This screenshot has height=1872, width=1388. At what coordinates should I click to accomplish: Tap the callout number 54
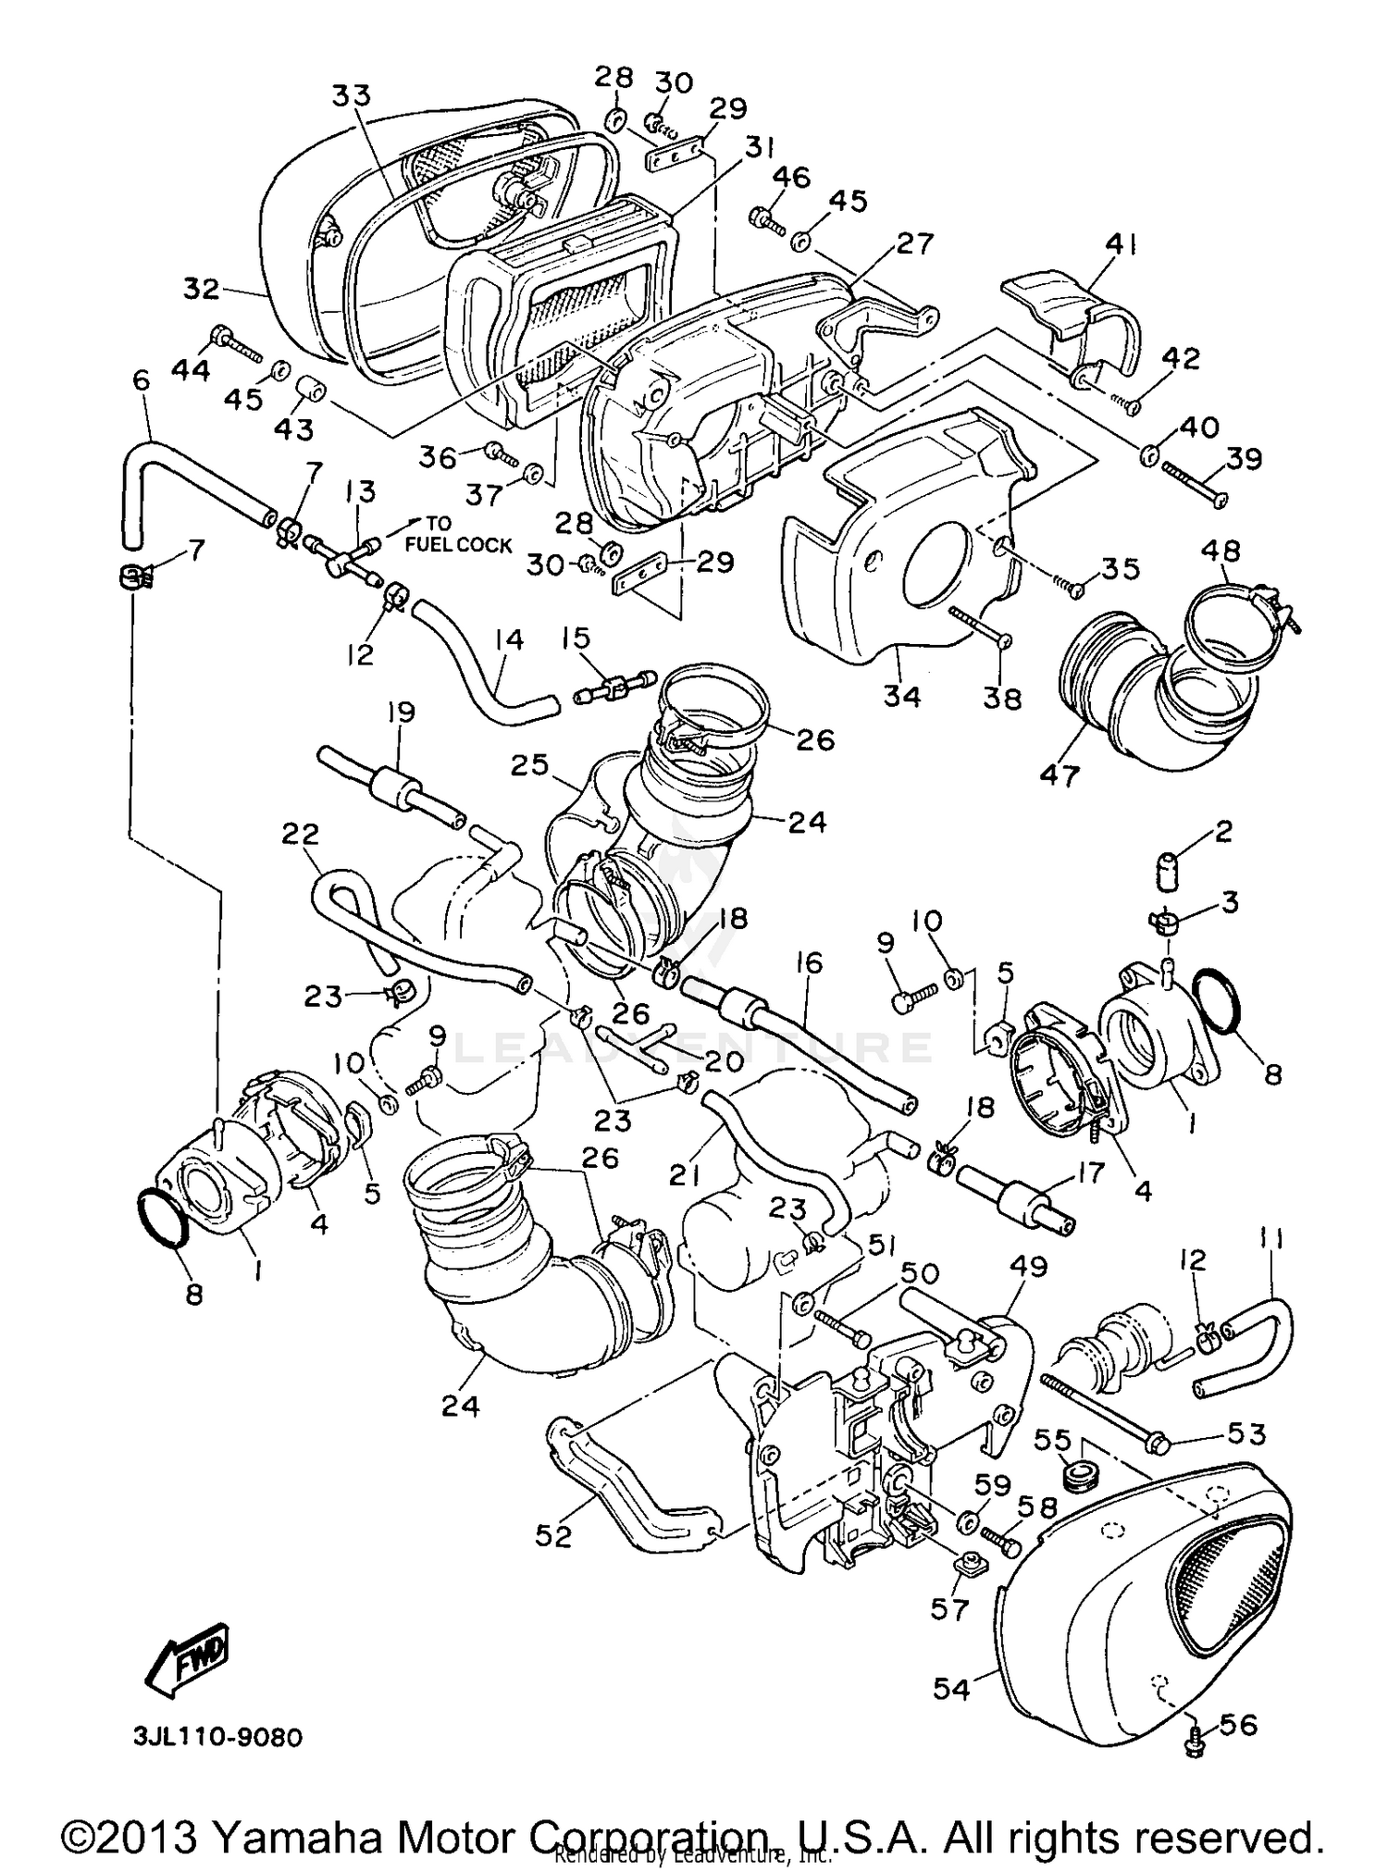[950, 1689]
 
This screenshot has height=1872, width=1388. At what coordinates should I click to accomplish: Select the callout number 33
[351, 96]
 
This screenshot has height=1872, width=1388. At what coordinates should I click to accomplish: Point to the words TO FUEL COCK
[457, 535]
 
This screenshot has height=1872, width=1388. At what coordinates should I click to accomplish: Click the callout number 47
[1060, 775]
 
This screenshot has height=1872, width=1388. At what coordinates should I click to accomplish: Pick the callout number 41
[1122, 245]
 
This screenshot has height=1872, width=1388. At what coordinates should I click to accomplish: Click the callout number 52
[554, 1535]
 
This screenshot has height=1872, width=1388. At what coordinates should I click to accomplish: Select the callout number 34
[901, 695]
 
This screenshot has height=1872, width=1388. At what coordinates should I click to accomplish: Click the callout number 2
[1222, 832]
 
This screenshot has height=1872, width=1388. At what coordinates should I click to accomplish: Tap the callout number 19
[402, 713]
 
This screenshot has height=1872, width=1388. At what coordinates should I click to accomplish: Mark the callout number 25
[528, 764]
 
